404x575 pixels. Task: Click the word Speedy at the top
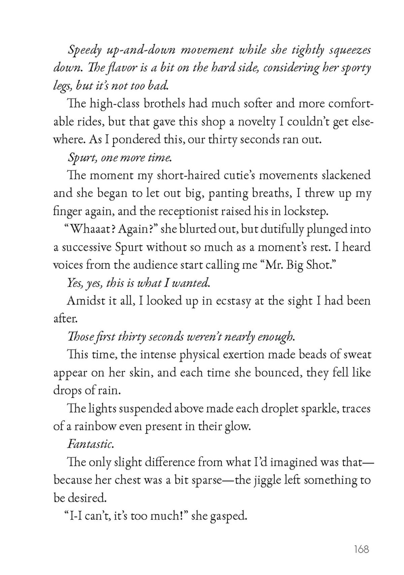click(85, 50)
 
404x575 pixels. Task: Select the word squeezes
click(350, 50)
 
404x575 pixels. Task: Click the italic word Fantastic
click(91, 444)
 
